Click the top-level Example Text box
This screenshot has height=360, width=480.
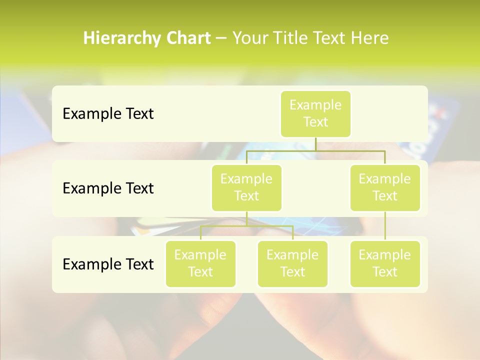pyautogui.click(x=315, y=113)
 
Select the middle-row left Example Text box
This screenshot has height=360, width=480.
pyautogui.click(x=246, y=187)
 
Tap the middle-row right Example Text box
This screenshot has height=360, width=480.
pyautogui.click(x=385, y=187)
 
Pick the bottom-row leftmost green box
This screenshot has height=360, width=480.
pyautogui.click(x=200, y=263)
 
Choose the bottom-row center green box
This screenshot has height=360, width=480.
pyautogui.click(x=292, y=263)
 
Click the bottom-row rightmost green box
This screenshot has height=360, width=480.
pyautogui.click(x=385, y=263)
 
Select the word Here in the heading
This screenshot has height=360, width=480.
pyautogui.click(x=370, y=38)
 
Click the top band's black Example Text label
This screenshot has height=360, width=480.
pyautogui.click(x=108, y=113)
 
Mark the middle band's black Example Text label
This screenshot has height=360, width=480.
pyautogui.click(x=108, y=188)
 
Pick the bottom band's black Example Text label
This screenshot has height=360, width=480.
pyautogui.click(x=108, y=264)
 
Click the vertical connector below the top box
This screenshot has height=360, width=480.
pyautogui.click(x=315, y=143)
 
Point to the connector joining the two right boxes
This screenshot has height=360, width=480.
pyautogui.click(x=385, y=226)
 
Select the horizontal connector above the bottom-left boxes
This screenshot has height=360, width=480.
pyautogui.click(x=246, y=226)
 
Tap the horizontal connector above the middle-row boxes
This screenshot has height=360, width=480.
pyautogui.click(x=315, y=150)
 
